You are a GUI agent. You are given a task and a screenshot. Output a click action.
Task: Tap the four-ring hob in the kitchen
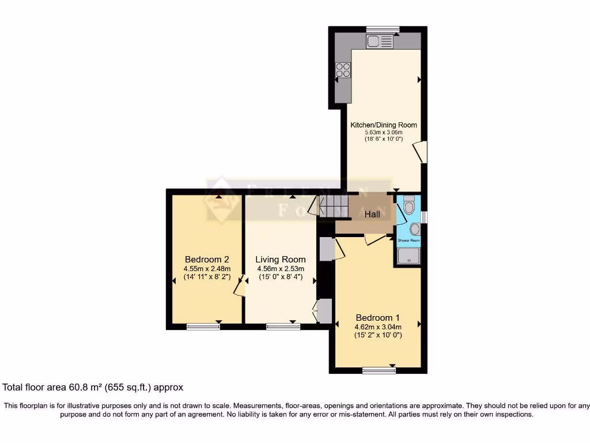point(343,70)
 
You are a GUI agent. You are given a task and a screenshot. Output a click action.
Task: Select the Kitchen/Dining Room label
point(384,125)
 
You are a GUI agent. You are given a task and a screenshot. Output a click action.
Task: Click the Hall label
point(372,214)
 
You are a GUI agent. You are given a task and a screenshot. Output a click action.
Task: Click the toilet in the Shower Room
point(409,206)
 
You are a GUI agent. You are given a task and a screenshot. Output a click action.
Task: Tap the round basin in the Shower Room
point(415,229)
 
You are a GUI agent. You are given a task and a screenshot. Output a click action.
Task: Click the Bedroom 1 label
point(377,318)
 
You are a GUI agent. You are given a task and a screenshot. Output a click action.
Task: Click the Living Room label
point(281,259)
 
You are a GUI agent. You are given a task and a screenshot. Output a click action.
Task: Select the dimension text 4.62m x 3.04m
point(378,327)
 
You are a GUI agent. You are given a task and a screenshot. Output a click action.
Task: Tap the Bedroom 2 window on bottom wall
point(203,326)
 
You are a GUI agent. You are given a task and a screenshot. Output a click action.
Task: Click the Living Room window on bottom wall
point(283,326)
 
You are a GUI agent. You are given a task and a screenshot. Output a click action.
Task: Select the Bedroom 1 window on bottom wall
point(379,370)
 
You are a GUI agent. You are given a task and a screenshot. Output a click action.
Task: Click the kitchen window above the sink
point(383,29)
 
